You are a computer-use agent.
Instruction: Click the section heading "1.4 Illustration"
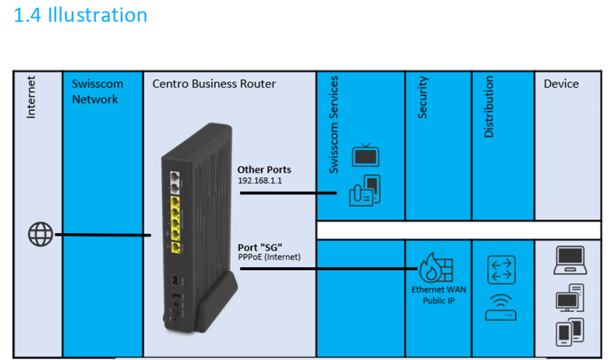tap(81, 15)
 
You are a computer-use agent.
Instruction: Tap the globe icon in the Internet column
tap(40, 234)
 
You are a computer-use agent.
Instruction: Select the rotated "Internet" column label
tap(31, 98)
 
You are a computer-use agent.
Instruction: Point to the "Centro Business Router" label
tap(214, 84)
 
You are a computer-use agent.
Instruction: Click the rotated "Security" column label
tap(422, 97)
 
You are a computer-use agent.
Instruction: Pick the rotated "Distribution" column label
tap(489, 107)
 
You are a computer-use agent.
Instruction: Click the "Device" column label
tap(561, 84)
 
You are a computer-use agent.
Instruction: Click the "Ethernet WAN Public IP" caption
tap(438, 295)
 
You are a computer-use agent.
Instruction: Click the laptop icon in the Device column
tap(569, 261)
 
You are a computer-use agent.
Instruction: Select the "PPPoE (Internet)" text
tap(269, 257)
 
